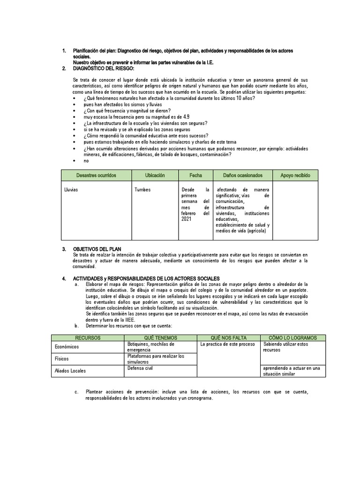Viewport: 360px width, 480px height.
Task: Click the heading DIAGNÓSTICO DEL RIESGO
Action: pos(104,68)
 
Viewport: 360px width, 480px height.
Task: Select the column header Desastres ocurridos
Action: pos(96,175)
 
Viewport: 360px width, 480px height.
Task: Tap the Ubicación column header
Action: pos(155,175)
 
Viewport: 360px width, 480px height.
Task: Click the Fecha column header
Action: pos(195,175)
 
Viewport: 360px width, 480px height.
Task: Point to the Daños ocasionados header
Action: pos(242,175)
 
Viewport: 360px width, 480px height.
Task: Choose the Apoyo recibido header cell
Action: pos(295,175)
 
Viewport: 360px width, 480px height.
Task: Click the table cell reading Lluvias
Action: pos(71,190)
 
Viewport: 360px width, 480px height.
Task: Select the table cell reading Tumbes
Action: pos(142,190)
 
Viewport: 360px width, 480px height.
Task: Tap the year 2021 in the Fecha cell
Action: pos(187,218)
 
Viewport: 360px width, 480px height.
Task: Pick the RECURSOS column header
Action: pos(88,337)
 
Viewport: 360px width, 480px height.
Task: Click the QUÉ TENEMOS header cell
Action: pos(161,337)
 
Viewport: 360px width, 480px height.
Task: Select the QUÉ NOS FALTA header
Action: pos(228,337)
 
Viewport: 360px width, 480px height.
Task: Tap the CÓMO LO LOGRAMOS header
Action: pos(292,337)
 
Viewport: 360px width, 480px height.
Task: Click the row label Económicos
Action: pos(67,347)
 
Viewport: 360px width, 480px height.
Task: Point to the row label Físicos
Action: pos(61,359)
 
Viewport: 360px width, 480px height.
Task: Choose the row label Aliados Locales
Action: pos(70,371)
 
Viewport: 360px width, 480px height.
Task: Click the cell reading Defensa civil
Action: pos(140,368)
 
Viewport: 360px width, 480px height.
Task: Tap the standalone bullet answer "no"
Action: pos(86,161)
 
